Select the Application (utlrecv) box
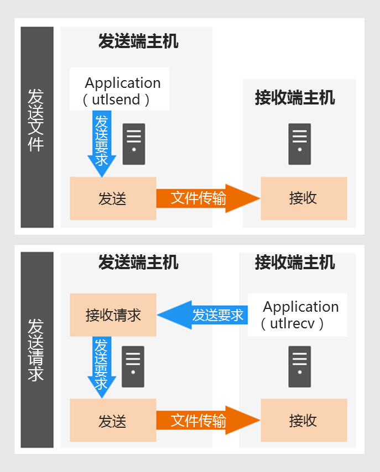pos(298,315)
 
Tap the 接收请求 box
pos(113,315)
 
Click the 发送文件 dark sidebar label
pos(37,127)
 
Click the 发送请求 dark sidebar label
pos(37,350)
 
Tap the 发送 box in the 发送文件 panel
pos(113,198)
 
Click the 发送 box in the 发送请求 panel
pos(113,421)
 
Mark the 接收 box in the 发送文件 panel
pos(304,198)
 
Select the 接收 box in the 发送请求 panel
pos(304,421)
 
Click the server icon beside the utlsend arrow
pos(134,144)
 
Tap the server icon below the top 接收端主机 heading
pos(300,144)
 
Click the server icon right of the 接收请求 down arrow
pos(133,367)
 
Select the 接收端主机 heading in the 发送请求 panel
pos(295,262)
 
